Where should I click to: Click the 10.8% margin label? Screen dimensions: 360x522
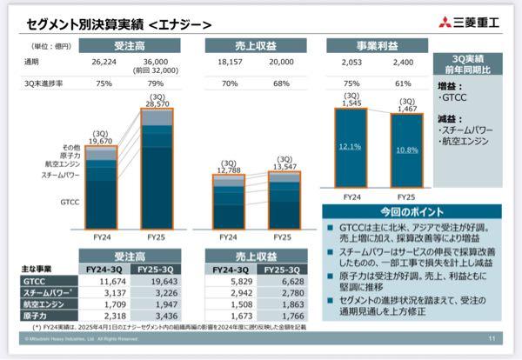click(405, 150)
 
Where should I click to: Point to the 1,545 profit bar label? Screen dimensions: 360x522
click(351, 103)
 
